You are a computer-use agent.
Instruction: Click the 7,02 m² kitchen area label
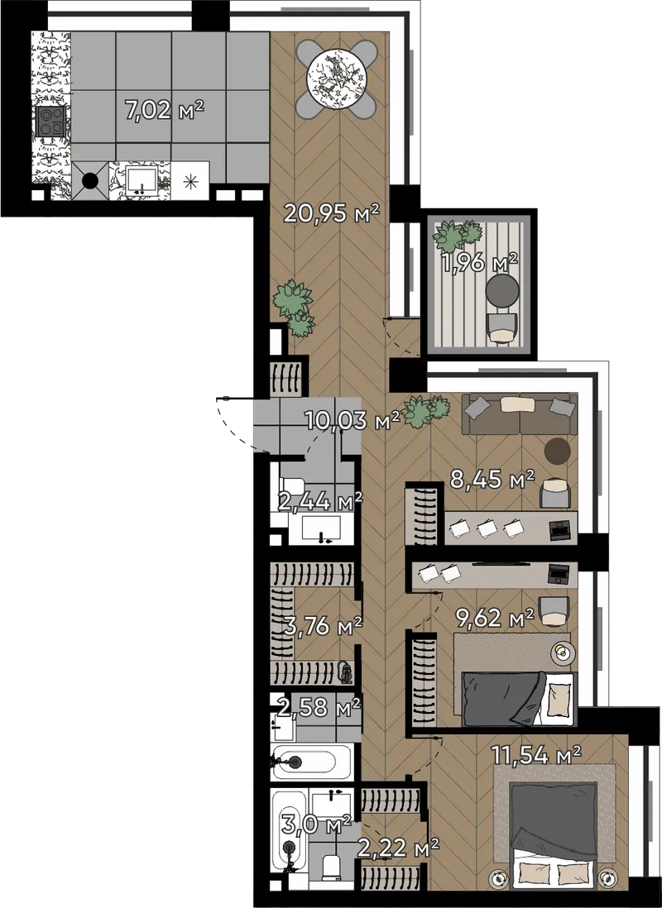coord(165,109)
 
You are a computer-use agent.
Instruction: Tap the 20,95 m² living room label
coord(331,213)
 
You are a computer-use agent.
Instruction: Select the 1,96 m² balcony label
coord(479,264)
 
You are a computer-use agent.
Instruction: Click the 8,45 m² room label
coord(492,480)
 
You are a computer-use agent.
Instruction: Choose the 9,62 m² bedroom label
coord(495,618)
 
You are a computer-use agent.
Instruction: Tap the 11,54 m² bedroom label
coord(536,754)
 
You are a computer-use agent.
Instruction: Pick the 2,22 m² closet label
coord(398,848)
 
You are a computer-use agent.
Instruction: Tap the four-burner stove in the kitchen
coord(50,122)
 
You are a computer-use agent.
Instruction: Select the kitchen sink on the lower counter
coord(142,180)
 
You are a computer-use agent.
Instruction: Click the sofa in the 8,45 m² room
coord(520,413)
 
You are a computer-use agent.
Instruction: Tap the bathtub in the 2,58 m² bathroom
coord(310,762)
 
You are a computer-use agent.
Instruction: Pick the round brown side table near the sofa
coord(558,450)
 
